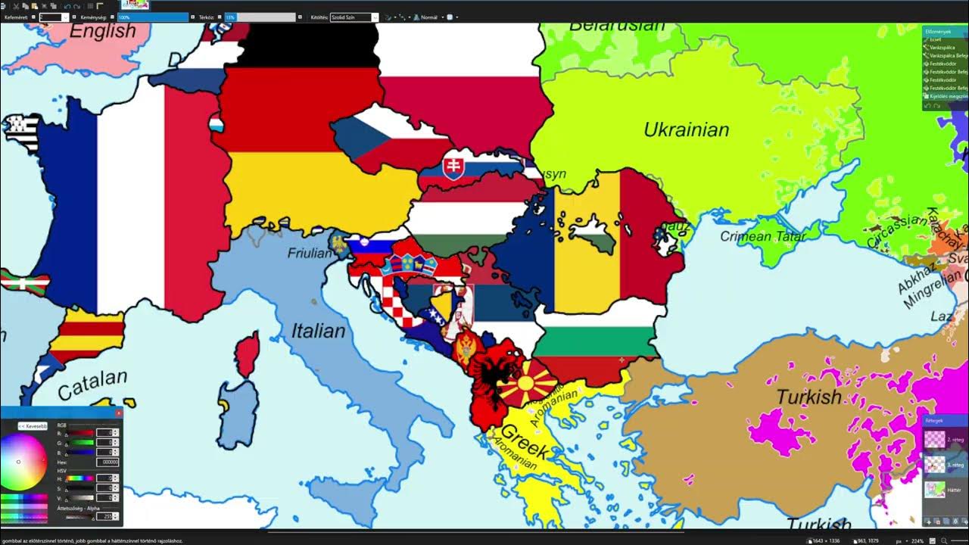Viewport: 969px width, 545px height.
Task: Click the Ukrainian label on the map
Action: pyautogui.click(x=686, y=129)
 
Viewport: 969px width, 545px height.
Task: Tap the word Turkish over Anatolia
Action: pyautogui.click(x=809, y=397)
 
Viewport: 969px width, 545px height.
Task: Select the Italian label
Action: pyautogui.click(x=318, y=331)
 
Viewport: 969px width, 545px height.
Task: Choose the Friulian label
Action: pyautogui.click(x=310, y=253)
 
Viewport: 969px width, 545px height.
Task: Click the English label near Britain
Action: pyautogui.click(x=102, y=32)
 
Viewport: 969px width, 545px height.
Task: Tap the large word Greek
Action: pyautogui.click(x=524, y=440)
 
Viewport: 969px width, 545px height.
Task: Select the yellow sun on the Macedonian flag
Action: pyautogui.click(x=525, y=382)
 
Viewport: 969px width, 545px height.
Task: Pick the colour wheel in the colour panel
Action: pyautogui.click(x=23, y=462)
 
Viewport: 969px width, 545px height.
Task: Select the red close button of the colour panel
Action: pyautogui.click(x=118, y=413)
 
